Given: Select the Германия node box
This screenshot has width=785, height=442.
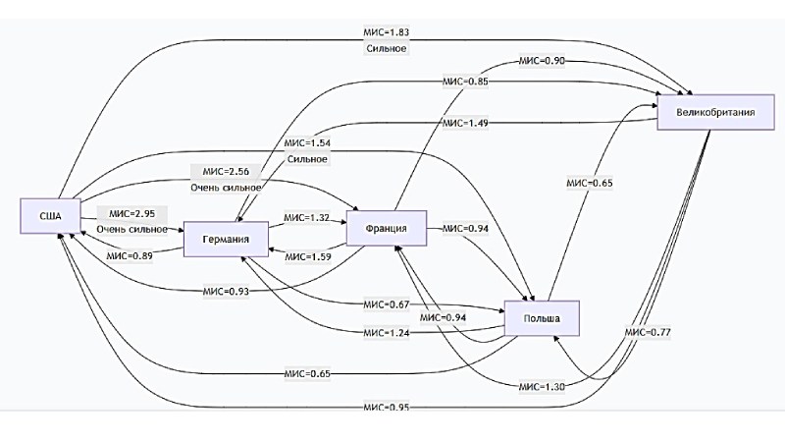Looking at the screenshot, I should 227,239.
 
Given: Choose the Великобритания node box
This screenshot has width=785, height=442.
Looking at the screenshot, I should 715,112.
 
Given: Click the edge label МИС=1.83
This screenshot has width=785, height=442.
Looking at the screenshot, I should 385,31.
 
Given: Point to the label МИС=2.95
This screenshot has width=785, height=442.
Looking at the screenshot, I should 131,213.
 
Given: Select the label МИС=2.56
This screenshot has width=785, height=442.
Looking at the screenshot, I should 225,171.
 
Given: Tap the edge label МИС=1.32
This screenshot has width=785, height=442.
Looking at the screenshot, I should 306,217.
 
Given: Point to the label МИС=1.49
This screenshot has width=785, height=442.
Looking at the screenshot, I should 465,124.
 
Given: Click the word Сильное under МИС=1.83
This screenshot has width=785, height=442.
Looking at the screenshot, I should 385,48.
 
